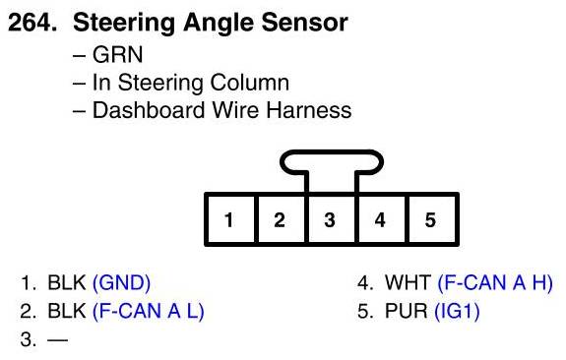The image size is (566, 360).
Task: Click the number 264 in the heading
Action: pos(30,23)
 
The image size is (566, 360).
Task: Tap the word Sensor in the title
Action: pos(305,23)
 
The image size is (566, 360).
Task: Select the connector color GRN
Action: pos(118,55)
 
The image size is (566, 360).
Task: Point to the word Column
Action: pos(249,83)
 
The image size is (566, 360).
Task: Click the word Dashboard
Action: pos(150,110)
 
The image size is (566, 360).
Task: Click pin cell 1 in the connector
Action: pos(230,219)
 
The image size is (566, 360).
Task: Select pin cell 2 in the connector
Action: pos(281,219)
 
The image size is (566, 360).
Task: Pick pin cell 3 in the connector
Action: pos(331,219)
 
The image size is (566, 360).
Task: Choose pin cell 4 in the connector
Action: pos(381,219)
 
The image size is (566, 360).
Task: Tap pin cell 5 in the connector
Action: pos(431,219)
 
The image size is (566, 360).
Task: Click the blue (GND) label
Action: pos(121,282)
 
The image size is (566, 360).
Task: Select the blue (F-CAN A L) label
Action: pos(149,311)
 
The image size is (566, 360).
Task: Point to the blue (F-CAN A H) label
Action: pos(495,282)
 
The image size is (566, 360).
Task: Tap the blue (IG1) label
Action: pos(457,311)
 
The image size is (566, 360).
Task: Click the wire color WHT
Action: pos(408,282)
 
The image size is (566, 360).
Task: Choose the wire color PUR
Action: pos(407,311)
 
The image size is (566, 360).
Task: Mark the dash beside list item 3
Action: pos(58,339)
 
